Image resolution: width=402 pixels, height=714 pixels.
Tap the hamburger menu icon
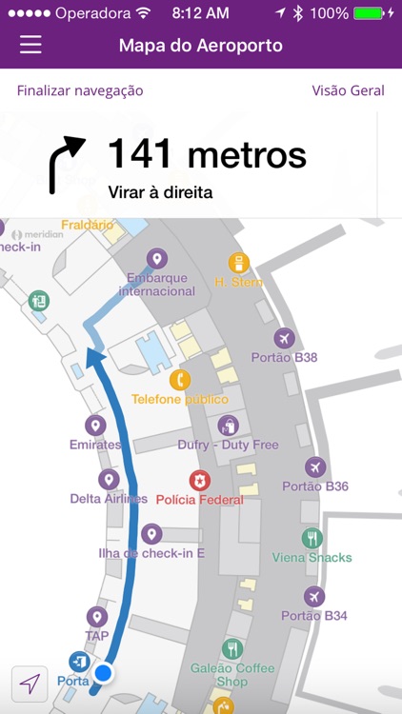[30, 45]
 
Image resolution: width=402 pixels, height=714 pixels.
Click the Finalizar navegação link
[80, 90]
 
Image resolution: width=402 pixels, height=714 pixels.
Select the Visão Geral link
[348, 90]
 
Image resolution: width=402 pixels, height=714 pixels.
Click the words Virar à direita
[160, 191]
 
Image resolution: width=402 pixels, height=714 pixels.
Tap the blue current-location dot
[104, 674]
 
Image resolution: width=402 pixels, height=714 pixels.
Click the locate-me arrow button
[30, 684]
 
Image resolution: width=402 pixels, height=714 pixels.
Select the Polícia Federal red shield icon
[199, 480]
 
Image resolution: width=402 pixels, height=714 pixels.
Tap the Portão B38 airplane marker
[284, 338]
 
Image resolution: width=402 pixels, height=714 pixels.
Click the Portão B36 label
[315, 486]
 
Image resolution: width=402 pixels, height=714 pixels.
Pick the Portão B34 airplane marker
[314, 596]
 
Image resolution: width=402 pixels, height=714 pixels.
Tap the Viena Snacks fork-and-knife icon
[312, 538]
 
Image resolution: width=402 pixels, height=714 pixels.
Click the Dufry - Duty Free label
[228, 445]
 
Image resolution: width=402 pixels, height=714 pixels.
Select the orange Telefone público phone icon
[180, 380]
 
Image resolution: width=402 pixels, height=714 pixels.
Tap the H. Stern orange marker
[238, 263]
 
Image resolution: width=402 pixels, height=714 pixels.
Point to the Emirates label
[95, 445]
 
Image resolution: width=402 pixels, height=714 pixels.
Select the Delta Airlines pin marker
[110, 479]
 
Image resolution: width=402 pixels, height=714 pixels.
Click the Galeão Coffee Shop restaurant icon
[232, 649]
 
